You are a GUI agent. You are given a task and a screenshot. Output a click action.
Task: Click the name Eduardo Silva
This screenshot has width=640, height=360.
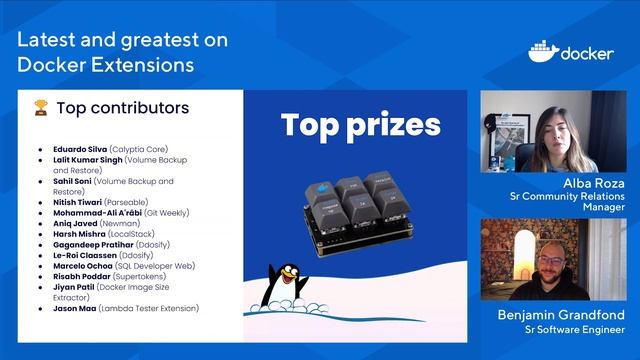[x=80, y=148]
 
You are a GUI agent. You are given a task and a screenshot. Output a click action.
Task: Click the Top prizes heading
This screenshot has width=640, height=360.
[x=360, y=125]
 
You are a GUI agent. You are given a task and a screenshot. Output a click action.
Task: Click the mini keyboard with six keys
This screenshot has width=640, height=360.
[x=354, y=205]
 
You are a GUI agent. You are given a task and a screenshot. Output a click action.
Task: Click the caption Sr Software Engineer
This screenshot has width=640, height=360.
[x=561, y=329]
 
